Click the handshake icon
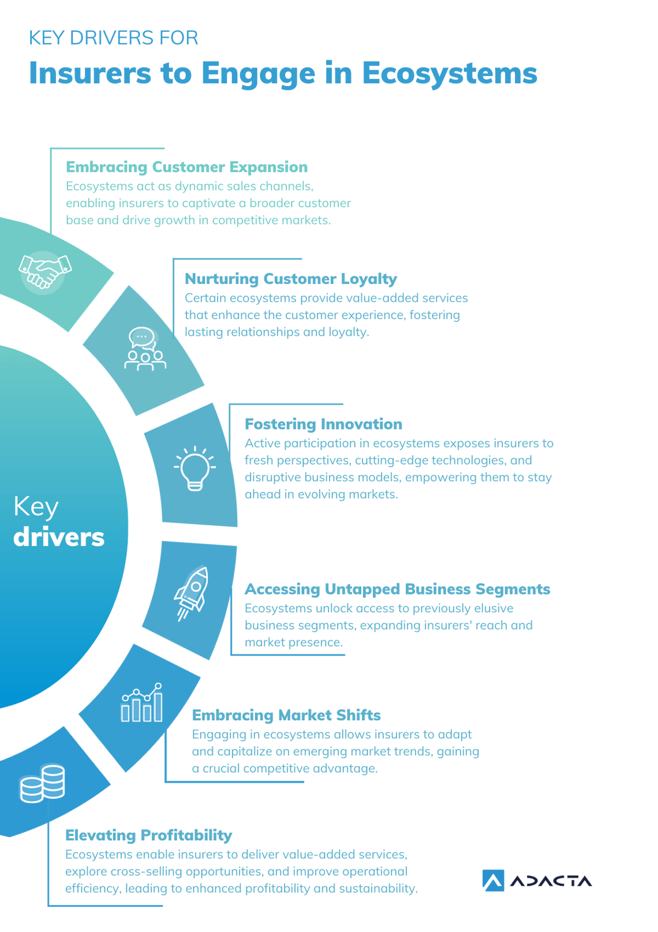(x=44, y=271)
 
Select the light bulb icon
(x=195, y=468)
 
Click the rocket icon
(x=192, y=592)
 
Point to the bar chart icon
(x=142, y=703)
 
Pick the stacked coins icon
(x=43, y=783)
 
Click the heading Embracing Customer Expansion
(x=186, y=167)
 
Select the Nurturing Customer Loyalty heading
(x=290, y=279)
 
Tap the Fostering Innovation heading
(x=323, y=424)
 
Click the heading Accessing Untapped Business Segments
(x=397, y=589)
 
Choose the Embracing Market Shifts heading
(x=286, y=715)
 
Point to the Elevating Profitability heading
(x=148, y=835)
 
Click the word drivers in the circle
(x=59, y=537)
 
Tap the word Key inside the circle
(x=36, y=507)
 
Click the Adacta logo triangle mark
(x=493, y=881)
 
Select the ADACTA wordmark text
(x=551, y=881)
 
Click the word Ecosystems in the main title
(x=450, y=74)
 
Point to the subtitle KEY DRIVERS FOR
(x=113, y=38)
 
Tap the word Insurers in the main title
(x=89, y=74)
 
